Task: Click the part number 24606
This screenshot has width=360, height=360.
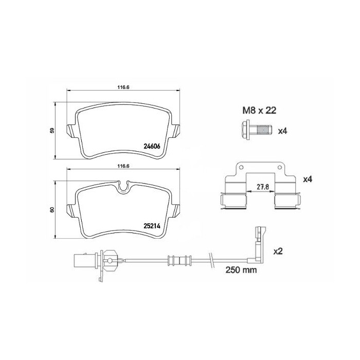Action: (x=152, y=146)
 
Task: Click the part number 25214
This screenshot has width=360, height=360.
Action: (x=152, y=225)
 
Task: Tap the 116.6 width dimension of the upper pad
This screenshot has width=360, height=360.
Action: (x=122, y=87)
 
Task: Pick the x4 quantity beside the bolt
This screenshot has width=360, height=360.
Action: (x=282, y=131)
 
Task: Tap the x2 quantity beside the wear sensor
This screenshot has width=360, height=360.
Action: (x=278, y=251)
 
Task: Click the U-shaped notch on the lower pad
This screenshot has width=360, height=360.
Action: (x=122, y=187)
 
